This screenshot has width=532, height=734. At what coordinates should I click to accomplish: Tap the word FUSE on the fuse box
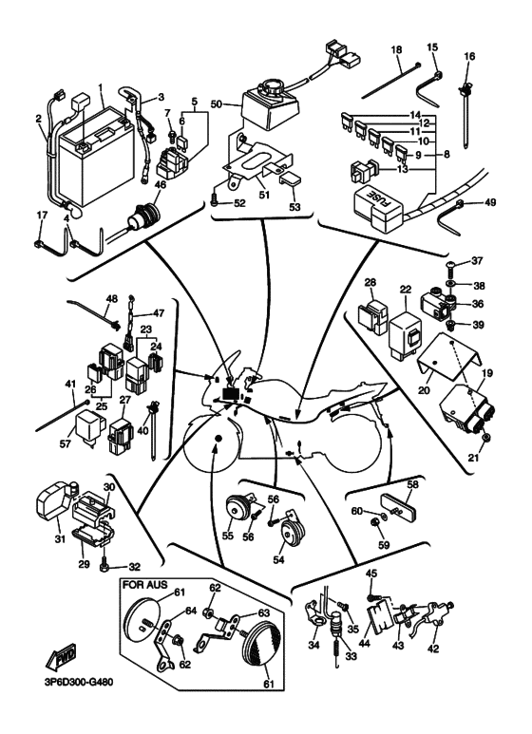coord(384,200)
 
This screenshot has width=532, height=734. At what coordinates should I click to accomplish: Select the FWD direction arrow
coord(61,656)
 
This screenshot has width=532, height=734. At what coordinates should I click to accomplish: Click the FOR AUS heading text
coord(144,585)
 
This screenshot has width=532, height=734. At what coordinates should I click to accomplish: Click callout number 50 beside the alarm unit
coord(217,104)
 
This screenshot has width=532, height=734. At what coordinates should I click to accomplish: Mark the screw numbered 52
coord(215,201)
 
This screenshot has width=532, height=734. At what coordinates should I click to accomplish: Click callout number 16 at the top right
coord(469,56)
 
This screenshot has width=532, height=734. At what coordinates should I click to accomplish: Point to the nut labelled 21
coord(485,438)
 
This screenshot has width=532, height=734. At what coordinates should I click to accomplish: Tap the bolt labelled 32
coord(104,566)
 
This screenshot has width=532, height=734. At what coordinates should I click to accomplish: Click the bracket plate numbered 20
coord(447,358)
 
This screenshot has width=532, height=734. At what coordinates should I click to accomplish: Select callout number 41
coord(69,384)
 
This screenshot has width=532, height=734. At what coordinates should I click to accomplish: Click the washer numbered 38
coord(450,284)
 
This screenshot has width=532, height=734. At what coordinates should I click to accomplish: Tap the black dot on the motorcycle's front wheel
coord(218,438)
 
